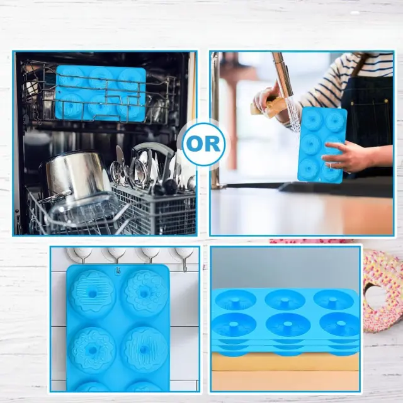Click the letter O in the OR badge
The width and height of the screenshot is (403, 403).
point(195,144)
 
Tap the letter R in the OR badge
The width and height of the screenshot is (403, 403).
point(213,144)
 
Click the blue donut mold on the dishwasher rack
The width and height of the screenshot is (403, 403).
point(101,93)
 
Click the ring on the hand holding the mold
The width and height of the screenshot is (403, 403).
point(331,166)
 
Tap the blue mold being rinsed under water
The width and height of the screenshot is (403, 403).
point(322,145)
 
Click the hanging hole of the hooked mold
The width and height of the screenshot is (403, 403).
point(118,270)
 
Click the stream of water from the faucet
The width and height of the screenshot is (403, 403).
point(294,115)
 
